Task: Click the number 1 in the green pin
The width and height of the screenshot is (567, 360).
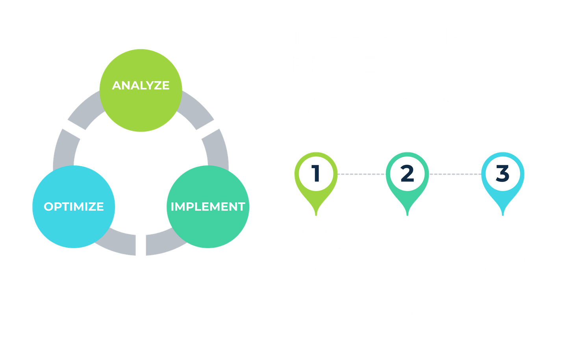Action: click(316, 173)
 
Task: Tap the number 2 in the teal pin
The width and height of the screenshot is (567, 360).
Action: click(407, 173)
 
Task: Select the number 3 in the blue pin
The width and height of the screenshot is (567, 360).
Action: click(502, 173)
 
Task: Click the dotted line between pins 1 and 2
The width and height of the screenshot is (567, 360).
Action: click(361, 174)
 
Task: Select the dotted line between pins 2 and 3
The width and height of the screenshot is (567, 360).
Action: click(455, 174)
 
